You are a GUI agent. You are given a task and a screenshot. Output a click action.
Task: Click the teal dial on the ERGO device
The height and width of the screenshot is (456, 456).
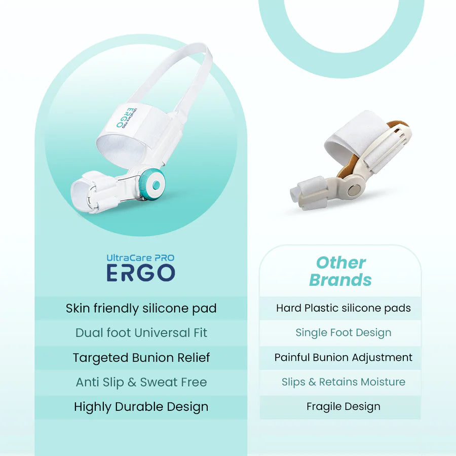coord(152,182)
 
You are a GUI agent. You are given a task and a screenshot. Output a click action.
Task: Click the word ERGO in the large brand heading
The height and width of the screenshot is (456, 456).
coord(141,273)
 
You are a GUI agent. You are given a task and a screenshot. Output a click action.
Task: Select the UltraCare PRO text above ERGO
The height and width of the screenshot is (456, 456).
coord(141,257)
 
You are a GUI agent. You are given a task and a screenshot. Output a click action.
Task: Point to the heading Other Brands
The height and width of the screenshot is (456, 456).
coord(340,271)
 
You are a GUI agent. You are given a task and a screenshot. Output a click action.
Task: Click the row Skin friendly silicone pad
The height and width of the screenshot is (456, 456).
coord(141,308)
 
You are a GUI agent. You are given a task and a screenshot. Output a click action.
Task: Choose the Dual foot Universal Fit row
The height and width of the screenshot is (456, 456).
coord(141,333)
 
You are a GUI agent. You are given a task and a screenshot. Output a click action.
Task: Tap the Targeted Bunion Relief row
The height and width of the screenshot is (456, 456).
coord(141,358)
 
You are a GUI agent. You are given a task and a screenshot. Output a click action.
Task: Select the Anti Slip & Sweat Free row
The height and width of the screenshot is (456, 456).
coord(141,382)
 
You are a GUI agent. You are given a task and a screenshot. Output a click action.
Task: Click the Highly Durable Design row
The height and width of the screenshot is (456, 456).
coord(141,407)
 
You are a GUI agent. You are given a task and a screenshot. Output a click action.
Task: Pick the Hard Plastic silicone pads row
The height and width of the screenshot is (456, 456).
coord(343,308)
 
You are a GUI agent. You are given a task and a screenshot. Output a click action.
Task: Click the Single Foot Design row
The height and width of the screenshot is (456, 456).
coord(343,333)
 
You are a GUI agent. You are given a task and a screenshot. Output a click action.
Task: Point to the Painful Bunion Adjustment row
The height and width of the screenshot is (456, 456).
coord(343,357)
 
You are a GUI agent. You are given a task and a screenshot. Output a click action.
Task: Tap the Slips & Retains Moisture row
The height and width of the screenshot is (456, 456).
coord(343,382)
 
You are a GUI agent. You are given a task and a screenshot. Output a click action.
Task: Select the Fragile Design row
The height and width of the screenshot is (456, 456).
coord(343,406)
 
